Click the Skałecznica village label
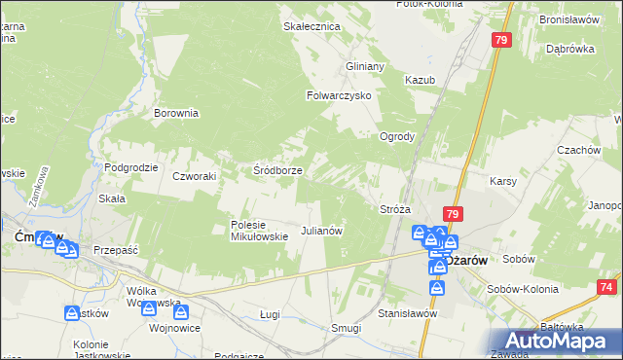(311, 26)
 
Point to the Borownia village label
(176, 113)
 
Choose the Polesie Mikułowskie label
(259, 230)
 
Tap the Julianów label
(321, 232)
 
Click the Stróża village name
(394, 209)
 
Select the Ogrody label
(398, 136)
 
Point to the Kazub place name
(420, 79)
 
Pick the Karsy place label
(502, 182)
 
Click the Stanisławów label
(407, 314)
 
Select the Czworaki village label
(193, 176)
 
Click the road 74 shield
(607, 288)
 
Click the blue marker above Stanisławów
(437, 289)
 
